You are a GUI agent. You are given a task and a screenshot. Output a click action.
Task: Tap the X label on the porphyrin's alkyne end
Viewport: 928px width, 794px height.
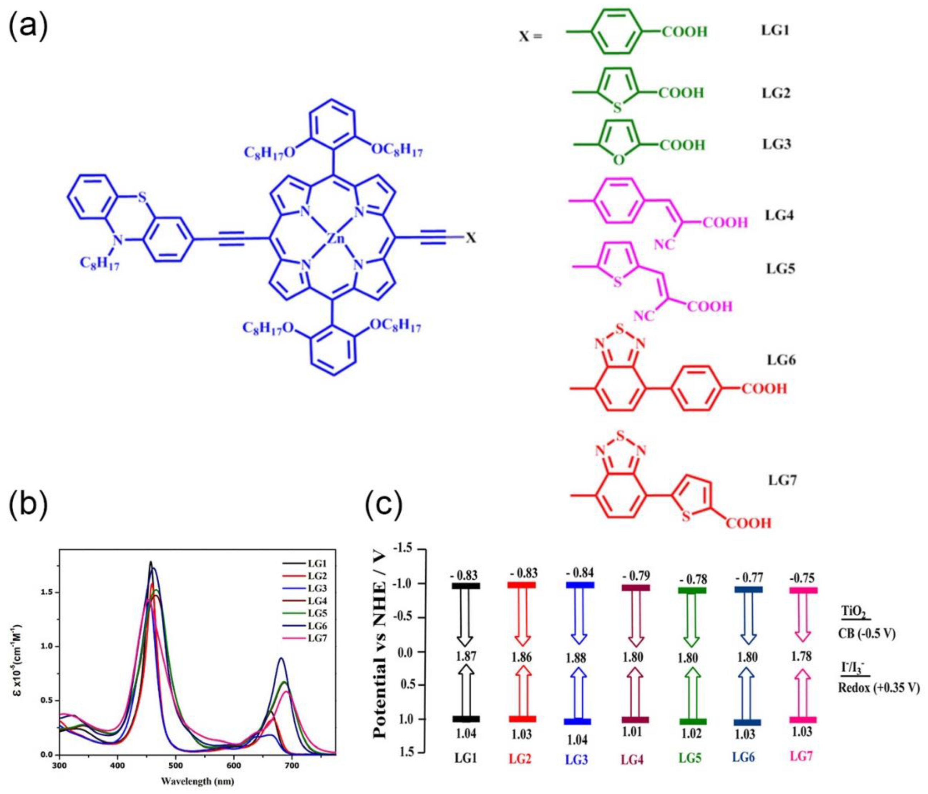(471, 238)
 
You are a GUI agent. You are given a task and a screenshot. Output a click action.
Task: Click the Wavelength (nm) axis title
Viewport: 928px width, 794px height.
(197, 782)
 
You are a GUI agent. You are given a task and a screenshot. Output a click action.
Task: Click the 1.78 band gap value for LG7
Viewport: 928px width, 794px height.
(801, 657)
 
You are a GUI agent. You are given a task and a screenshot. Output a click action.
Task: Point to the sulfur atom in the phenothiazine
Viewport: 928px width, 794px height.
(142, 197)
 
